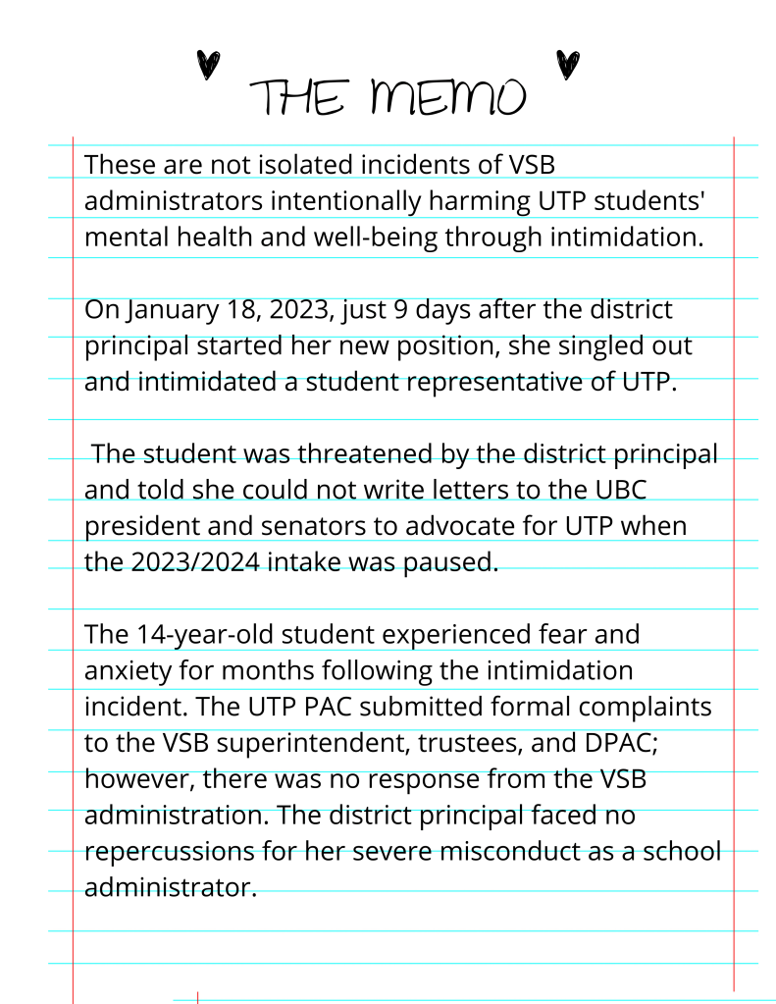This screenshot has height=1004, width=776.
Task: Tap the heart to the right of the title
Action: tap(566, 65)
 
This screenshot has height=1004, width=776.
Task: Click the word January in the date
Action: tap(171, 310)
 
